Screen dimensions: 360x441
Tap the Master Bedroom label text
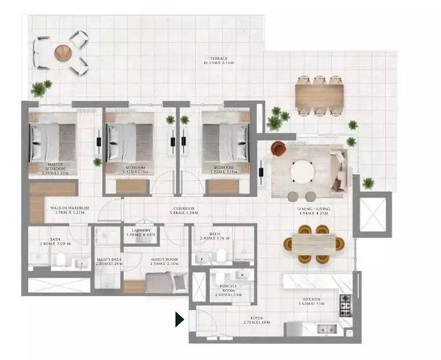55,168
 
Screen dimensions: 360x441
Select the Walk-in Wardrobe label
67,210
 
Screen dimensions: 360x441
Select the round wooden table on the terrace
62,53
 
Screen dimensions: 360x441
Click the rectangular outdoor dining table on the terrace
320,95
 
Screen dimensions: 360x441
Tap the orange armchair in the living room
278,149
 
